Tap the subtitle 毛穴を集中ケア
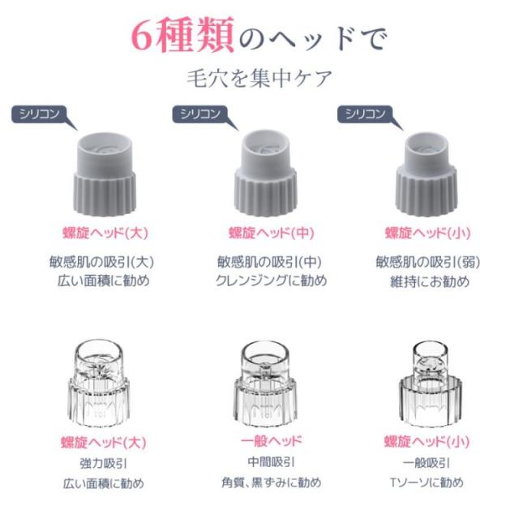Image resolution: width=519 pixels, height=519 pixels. [259, 79]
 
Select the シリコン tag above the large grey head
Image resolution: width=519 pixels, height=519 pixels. [40, 114]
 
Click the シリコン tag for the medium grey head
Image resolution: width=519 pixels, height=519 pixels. [200, 114]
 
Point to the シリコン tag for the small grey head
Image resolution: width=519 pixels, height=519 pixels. [366, 114]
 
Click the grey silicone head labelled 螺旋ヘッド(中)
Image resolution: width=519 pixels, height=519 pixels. [265, 173]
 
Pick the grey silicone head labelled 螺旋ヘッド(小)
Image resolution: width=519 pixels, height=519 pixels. [427, 174]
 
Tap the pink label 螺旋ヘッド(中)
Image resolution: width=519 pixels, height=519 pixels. [271, 233]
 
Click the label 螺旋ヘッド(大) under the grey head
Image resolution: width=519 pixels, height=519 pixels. [105, 233]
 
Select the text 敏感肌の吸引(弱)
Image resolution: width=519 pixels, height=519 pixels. [428, 262]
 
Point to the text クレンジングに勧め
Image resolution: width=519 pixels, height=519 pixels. [272, 281]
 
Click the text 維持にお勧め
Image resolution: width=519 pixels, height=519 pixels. [430, 281]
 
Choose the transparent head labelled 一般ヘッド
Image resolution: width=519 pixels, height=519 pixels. [265, 384]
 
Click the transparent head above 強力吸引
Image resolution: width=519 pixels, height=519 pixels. [99, 384]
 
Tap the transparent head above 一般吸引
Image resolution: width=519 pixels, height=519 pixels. [431, 384]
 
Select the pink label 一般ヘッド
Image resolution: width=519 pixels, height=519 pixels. [272, 441]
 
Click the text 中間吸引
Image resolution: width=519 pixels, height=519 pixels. [271, 462]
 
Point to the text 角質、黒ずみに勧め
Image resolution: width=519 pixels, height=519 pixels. [272, 483]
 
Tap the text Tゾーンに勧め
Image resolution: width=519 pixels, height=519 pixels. [427, 483]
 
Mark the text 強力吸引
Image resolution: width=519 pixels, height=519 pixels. [104, 463]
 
